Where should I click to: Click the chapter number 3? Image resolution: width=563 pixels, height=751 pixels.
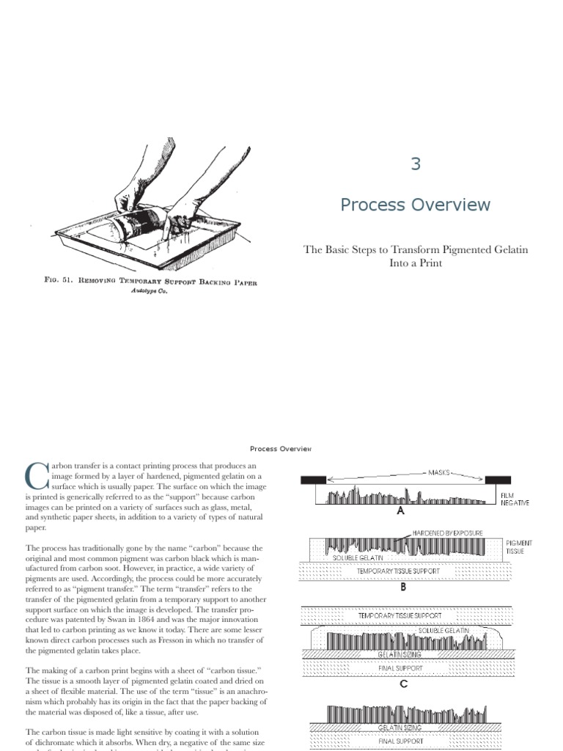416,164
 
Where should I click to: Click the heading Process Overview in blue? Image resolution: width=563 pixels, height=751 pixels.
415,205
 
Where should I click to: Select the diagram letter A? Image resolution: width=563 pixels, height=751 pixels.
401,512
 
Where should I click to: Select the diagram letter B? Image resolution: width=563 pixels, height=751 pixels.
401,587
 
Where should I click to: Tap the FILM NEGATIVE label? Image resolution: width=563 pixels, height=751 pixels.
515,499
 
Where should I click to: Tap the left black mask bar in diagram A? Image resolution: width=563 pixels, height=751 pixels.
314,480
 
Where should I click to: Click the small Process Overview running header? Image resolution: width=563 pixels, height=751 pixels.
281,448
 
